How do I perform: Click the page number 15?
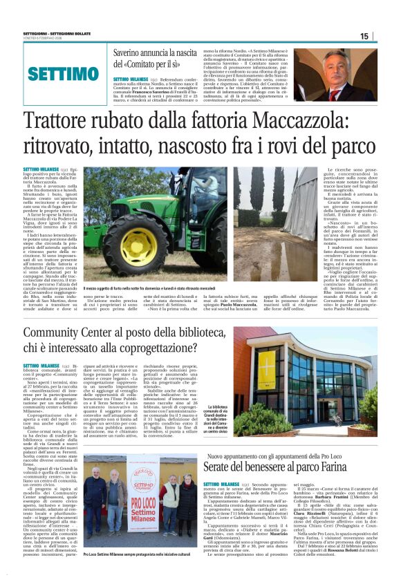(x=364, y=36)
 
